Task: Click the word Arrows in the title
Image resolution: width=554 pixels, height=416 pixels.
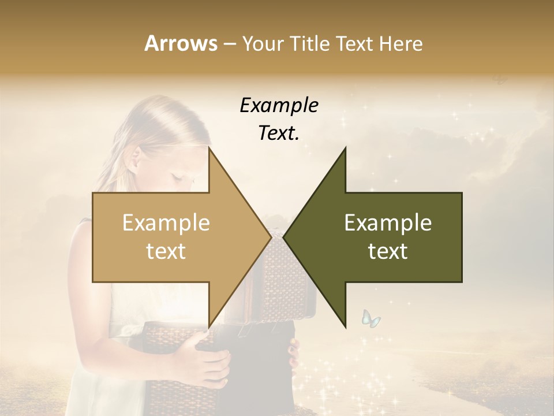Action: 181,43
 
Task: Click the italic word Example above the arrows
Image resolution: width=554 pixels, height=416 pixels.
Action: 279,106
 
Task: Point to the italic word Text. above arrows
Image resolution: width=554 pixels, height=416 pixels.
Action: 279,133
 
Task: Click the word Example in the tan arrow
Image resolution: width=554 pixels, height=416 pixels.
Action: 166,223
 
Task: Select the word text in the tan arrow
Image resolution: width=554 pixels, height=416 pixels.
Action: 166,251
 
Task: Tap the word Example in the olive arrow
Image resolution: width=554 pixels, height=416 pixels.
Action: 388,223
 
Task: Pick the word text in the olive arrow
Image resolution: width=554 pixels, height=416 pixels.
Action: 388,251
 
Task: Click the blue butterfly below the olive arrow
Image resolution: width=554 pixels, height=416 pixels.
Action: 370,318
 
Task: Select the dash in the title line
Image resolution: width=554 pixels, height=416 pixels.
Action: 229,44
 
